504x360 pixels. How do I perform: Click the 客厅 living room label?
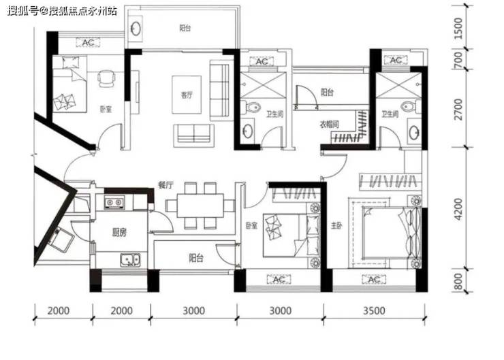(187, 95)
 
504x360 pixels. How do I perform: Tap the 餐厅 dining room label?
(166, 184)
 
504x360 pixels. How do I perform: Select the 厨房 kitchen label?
(119, 232)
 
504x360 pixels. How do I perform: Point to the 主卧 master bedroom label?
(336, 225)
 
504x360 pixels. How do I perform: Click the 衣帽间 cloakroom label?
(329, 124)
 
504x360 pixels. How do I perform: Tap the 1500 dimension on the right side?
(458, 29)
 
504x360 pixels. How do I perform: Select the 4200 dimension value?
(458, 209)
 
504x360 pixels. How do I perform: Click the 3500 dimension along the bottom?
(374, 310)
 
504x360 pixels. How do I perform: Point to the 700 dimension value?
(458, 59)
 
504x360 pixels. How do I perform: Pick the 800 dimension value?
(458, 281)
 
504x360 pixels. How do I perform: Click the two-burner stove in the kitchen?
(114, 202)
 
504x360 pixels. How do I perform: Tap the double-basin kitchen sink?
(130, 260)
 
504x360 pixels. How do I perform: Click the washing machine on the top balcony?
(136, 29)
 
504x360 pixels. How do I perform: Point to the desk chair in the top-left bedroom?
(106, 78)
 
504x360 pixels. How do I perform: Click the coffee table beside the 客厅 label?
(187, 95)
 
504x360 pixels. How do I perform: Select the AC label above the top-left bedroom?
(88, 42)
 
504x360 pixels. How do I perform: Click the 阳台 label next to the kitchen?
(195, 257)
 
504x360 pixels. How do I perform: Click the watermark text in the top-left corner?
(62, 11)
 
